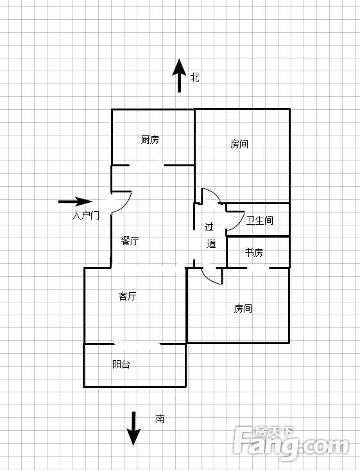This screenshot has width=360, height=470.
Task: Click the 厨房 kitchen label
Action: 150,140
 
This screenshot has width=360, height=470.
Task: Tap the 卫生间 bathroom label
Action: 260,221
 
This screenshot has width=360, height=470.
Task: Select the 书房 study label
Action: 254,253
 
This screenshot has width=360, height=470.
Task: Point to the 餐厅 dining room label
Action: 130,241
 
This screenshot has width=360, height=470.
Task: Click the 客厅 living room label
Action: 127,296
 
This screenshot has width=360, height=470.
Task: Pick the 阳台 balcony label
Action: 121,364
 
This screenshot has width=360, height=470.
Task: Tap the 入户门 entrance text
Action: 85,215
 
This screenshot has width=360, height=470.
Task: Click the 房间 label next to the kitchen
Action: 239,144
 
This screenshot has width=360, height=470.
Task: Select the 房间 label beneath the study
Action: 243,308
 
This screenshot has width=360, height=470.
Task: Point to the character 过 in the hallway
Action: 209,227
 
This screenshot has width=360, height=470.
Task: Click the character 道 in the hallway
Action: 212,243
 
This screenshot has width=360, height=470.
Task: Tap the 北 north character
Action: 195,77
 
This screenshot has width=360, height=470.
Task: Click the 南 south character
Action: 160,419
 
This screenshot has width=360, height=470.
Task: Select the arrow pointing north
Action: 179,76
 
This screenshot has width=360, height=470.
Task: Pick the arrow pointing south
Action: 133,429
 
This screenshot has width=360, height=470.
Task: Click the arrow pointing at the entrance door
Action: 75,202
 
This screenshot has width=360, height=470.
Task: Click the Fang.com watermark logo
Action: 291,443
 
